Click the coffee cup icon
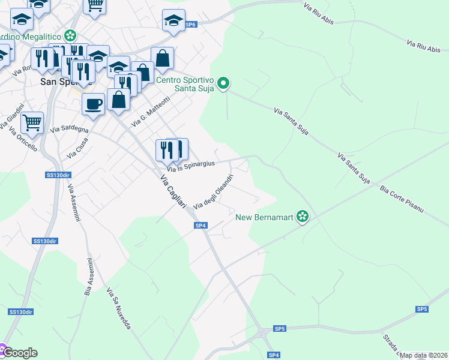(x=92, y=103)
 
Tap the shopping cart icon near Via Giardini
(x=32, y=122)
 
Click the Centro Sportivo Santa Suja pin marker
(x=223, y=83)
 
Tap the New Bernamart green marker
(x=303, y=217)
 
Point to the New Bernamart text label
(x=264, y=217)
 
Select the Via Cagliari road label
(x=173, y=191)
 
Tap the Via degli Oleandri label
(x=212, y=191)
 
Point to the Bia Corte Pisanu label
(x=402, y=200)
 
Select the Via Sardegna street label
(x=70, y=129)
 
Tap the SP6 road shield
(x=191, y=25)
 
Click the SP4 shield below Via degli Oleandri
(x=200, y=226)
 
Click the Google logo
(x=20, y=353)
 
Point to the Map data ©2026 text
(x=424, y=355)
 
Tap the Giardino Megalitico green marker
(x=71, y=35)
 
